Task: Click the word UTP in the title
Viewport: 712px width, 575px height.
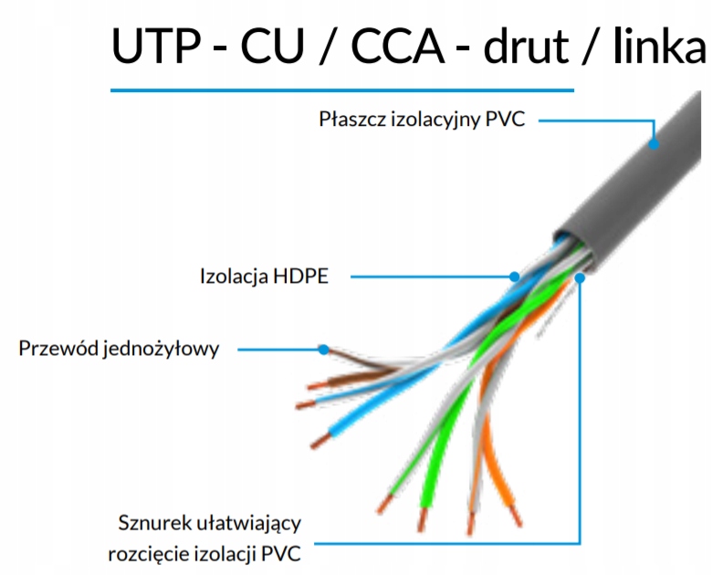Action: tap(156, 46)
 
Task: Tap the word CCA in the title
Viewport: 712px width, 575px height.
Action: tap(397, 46)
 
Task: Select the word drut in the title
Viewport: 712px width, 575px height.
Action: tap(527, 45)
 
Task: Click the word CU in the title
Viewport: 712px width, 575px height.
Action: tap(272, 46)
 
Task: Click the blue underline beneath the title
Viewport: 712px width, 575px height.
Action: tap(342, 90)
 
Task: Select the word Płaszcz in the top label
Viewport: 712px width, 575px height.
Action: tap(352, 119)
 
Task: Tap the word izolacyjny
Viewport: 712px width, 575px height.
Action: tap(436, 120)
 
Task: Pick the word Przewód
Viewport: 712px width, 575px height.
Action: tap(58, 348)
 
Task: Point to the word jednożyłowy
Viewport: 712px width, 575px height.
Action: tap(161, 349)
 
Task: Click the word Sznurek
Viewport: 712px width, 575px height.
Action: tap(155, 523)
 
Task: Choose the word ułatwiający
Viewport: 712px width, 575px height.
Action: tap(249, 524)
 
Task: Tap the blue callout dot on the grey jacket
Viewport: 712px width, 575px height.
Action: tap(654, 144)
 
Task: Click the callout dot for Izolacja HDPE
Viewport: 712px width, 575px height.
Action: tap(514, 277)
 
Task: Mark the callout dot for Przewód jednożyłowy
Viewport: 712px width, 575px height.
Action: tap(323, 350)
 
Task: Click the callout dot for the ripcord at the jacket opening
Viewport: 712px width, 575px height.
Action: tap(580, 277)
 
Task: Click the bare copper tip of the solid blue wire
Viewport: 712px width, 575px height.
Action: tap(320, 441)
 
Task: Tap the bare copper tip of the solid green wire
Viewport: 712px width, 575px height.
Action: tap(423, 519)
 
